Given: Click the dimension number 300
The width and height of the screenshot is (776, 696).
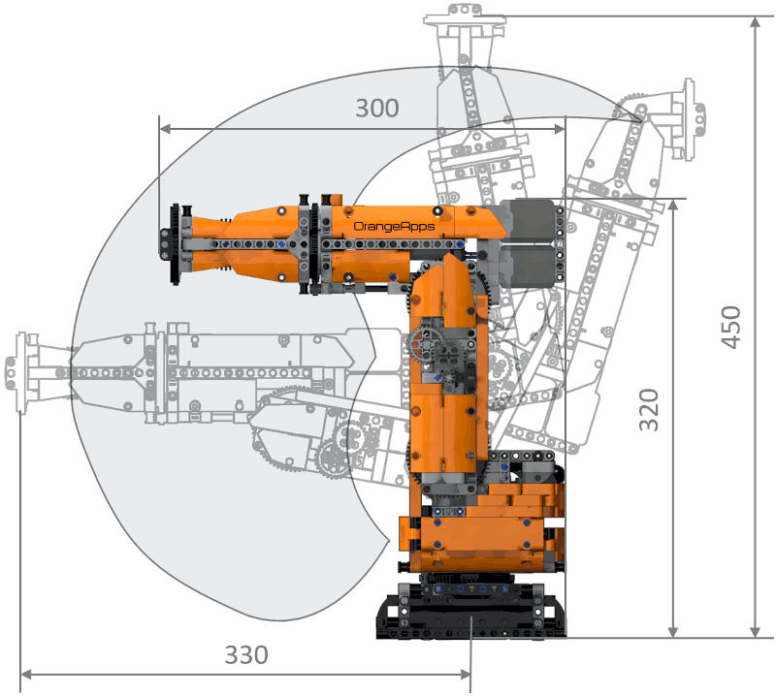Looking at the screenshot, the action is pyautogui.click(x=377, y=108).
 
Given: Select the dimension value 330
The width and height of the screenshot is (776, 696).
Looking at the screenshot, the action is pyautogui.click(x=246, y=654).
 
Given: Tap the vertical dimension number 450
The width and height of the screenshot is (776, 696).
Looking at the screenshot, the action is pyautogui.click(x=731, y=327).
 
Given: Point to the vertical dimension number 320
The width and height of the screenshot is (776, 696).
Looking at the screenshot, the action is pyautogui.click(x=649, y=410).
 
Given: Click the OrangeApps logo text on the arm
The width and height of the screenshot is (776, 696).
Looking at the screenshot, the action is pyautogui.click(x=394, y=227).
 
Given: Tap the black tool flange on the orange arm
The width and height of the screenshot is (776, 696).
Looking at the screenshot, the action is pyautogui.click(x=174, y=244).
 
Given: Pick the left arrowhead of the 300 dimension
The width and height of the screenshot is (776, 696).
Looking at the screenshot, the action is pyautogui.click(x=165, y=129).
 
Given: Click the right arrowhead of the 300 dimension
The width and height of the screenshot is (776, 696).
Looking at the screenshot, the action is pyautogui.click(x=560, y=129).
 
